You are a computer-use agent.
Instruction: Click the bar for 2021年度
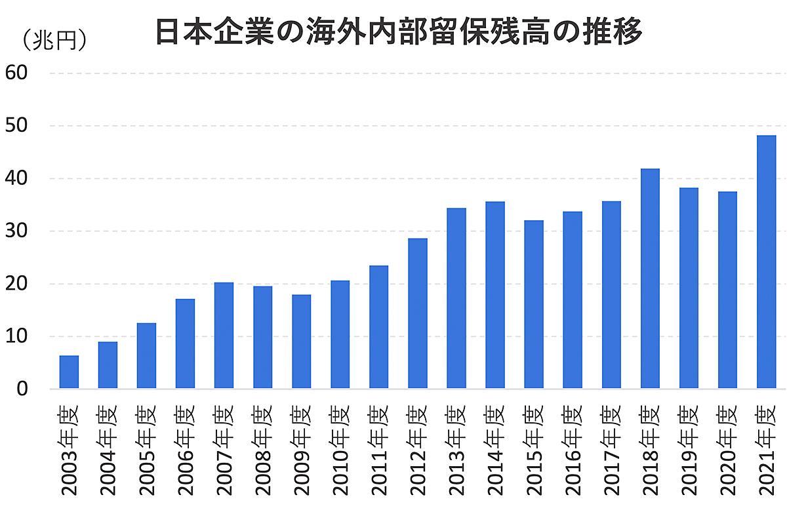pos(766,262)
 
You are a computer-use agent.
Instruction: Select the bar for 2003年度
pos(69,372)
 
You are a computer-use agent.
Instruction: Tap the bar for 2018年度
pos(650,279)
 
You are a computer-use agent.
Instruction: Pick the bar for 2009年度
pos(301,342)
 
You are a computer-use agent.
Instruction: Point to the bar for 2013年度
pos(456,298)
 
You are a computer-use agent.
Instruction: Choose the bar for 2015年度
pos(534,305)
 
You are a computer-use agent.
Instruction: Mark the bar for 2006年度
pos(185,344)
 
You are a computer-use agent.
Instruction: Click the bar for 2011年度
pos(378,327)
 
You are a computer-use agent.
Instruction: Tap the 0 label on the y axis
pos(21,389)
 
